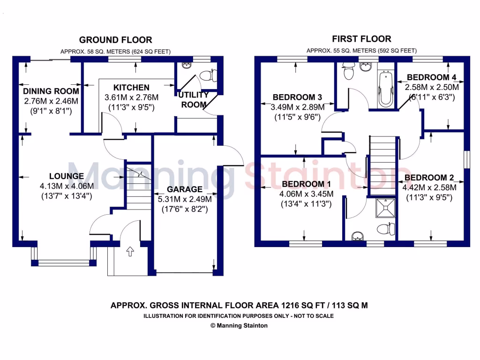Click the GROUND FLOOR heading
pos(115,40)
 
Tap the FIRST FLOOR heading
pos(361,39)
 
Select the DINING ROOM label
pos(51,91)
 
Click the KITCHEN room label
pos(131,88)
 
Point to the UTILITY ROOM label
pos(193,100)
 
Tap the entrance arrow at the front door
pos(129,252)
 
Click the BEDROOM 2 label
pos(429,178)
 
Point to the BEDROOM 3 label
pos(297,97)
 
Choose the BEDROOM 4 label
pos(432,77)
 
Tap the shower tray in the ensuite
pos(386,209)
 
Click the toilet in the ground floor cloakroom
pos(207,75)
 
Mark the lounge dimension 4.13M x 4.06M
pos(67,186)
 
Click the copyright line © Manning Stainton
pos(239,325)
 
